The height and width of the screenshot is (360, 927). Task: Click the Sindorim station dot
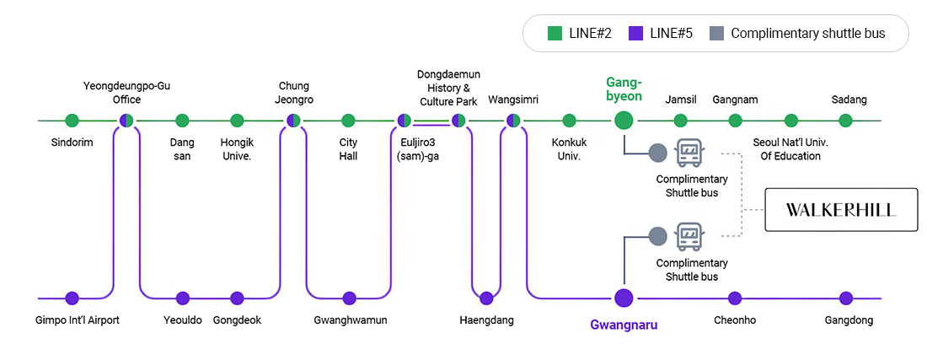72,121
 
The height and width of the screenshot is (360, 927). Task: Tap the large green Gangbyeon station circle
624,121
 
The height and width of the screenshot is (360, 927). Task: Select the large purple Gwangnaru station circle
624,298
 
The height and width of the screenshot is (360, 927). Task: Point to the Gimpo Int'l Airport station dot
72,298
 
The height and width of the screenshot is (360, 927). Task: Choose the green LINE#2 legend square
555,34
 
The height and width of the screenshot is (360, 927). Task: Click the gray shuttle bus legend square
716,34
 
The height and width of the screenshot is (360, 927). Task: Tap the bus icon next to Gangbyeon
690,153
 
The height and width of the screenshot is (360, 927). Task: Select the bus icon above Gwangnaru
690,237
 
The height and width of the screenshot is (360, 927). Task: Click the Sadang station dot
845,121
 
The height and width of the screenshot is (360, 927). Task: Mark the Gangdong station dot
845,298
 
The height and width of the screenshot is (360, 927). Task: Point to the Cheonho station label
734,320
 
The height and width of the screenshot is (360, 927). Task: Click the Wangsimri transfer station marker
513,121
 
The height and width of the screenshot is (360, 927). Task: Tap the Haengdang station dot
486,298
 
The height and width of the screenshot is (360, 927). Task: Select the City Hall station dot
348,121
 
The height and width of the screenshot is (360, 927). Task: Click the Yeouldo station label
183,320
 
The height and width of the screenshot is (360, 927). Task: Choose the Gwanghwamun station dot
349,298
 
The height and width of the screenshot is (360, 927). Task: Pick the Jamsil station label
681,99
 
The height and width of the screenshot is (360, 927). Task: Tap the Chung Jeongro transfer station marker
293,121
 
